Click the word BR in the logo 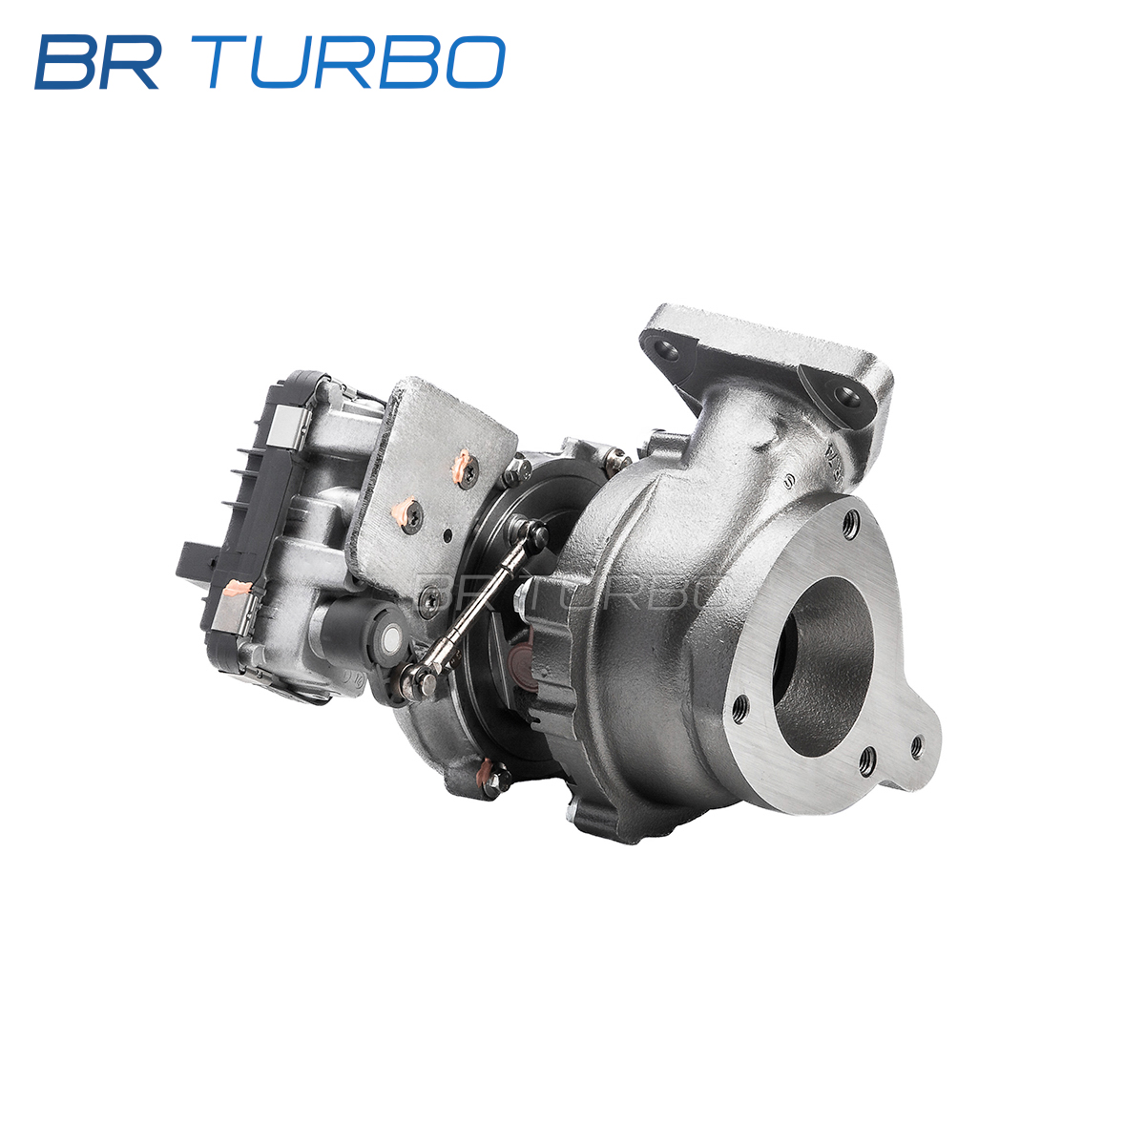[x=97, y=62]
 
